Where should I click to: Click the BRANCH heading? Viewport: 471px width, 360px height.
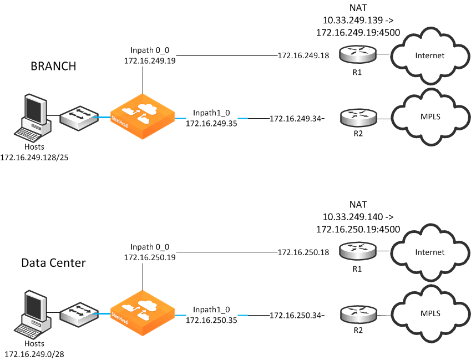click(x=53, y=67)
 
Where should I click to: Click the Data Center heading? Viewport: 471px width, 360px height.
click(x=53, y=262)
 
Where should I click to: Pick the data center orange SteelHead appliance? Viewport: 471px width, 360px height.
click(x=142, y=313)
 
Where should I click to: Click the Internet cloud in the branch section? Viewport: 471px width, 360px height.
click(x=429, y=55)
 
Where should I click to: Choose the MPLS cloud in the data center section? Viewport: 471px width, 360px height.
click(x=429, y=313)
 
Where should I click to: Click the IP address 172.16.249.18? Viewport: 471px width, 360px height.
click(x=303, y=55)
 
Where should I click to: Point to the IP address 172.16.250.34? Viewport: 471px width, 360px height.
click(x=296, y=316)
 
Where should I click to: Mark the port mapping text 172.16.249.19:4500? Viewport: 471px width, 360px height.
click(x=358, y=33)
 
